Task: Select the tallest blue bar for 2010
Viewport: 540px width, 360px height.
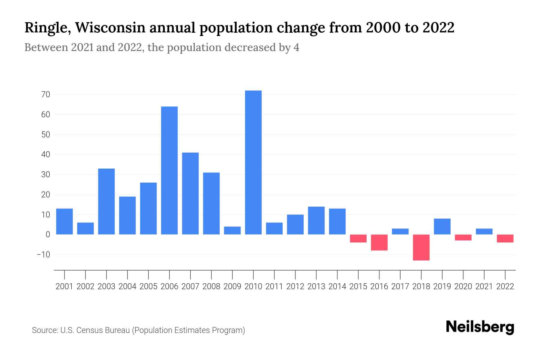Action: [x=253, y=162]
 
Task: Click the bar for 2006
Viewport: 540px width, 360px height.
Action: [x=169, y=170]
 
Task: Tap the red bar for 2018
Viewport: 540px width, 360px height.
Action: [x=421, y=247]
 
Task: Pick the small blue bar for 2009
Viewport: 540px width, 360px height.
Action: [x=232, y=230]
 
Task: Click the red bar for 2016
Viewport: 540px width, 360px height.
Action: [x=379, y=242]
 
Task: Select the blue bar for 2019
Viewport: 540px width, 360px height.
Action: [x=442, y=226]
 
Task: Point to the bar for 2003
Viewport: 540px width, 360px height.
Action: [x=106, y=201]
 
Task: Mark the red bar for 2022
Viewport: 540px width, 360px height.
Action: [x=505, y=238]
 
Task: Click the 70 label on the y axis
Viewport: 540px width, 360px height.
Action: [x=46, y=94]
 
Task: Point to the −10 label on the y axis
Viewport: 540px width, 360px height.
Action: [x=43, y=255]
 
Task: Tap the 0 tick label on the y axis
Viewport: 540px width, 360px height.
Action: [x=48, y=235]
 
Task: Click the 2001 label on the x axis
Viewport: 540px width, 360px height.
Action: [x=64, y=286]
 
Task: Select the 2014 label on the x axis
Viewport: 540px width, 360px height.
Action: [x=337, y=286]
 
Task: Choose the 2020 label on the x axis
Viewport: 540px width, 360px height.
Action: [x=463, y=286]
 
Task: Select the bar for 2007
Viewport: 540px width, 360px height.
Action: [x=190, y=193]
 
